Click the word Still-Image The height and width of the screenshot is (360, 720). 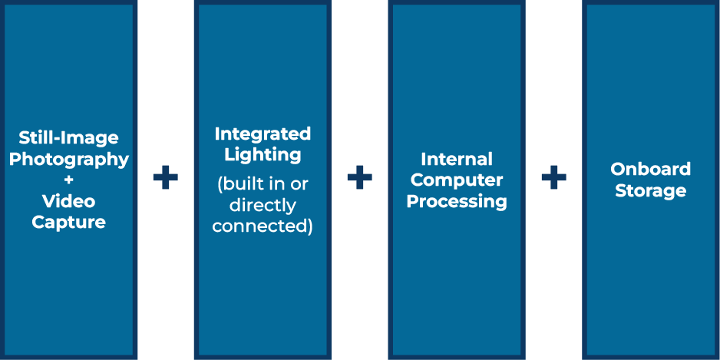click(x=68, y=137)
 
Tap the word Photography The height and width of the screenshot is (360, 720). click(x=69, y=160)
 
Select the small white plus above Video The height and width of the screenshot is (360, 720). click(x=68, y=180)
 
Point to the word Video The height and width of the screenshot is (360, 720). click(x=69, y=200)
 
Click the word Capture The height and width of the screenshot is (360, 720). click(x=69, y=223)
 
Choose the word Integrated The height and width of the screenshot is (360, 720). click(x=263, y=134)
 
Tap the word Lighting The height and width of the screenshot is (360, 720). click(x=263, y=155)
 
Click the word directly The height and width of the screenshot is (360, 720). click(x=263, y=206)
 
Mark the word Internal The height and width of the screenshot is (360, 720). click(x=457, y=160)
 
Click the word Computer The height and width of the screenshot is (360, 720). click(x=457, y=180)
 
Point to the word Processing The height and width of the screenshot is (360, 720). click(x=457, y=202)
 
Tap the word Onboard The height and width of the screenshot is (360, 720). click(x=651, y=169)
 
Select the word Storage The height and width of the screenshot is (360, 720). click(x=651, y=190)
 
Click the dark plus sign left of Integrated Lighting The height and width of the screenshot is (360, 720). click(x=165, y=177)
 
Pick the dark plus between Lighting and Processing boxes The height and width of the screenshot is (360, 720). click(x=359, y=177)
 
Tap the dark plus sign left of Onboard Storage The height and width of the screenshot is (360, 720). click(x=553, y=177)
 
